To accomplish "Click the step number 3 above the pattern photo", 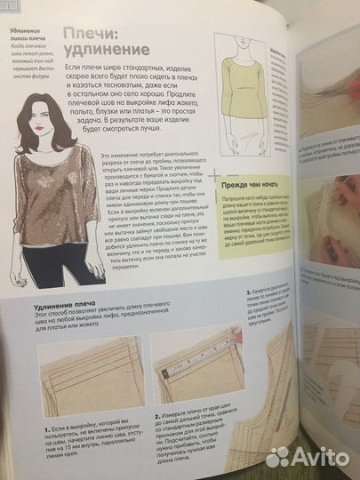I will click(243, 288).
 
